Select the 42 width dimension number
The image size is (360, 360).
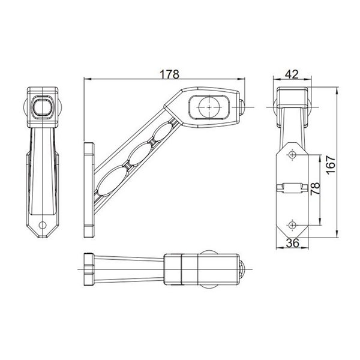click(x=292, y=74)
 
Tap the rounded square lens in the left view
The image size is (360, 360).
click(x=43, y=107)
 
